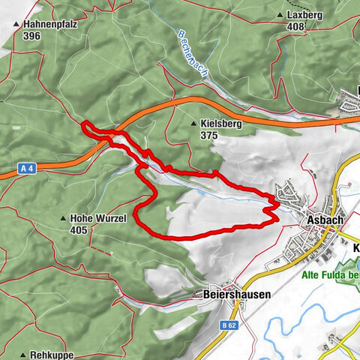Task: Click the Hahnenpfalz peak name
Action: coord(50,23)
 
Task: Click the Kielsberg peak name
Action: coord(221,124)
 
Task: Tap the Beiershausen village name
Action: coord(237,295)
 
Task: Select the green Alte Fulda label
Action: coord(330,275)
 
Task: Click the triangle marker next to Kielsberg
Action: coord(194,124)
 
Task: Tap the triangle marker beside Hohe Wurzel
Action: coord(63,219)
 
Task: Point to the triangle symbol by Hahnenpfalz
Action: coord(16,24)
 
